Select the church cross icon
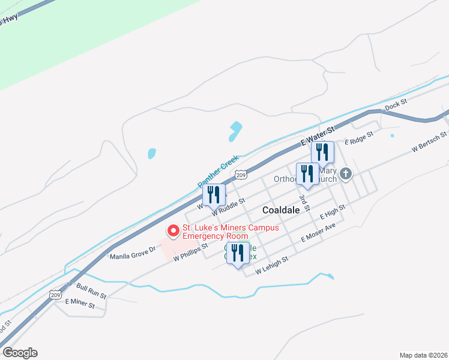point(345,174)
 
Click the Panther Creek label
point(218,170)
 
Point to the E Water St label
point(318,137)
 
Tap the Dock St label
point(396,106)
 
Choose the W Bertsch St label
point(429,142)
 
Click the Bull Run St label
point(91,292)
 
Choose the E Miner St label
point(80,304)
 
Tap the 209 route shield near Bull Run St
point(55,296)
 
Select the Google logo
point(20,353)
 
